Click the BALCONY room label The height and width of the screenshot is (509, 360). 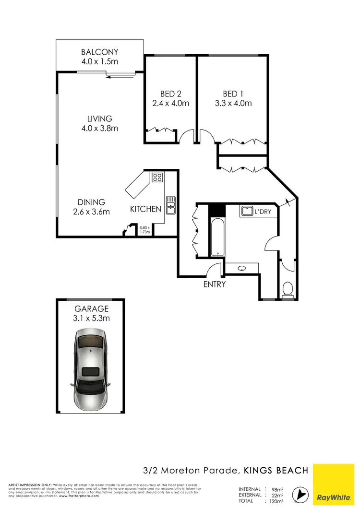[x=99, y=52]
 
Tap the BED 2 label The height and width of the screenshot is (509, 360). [x=170, y=94]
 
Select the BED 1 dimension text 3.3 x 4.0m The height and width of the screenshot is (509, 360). [x=233, y=103]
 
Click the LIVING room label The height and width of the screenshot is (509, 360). [x=99, y=118]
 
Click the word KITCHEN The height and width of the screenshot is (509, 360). [x=146, y=209]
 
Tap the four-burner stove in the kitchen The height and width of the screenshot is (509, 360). [x=157, y=178]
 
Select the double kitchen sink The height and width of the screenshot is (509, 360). [x=170, y=205]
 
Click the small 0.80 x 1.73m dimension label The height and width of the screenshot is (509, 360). [x=145, y=229]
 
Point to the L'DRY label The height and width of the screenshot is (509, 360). [x=263, y=211]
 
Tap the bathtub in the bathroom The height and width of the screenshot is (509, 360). [x=216, y=236]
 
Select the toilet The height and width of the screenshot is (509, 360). [x=288, y=289]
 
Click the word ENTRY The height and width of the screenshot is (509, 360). [x=214, y=284]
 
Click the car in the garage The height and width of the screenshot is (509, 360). [x=91, y=367]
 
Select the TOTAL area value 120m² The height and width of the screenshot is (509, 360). [x=276, y=500]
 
